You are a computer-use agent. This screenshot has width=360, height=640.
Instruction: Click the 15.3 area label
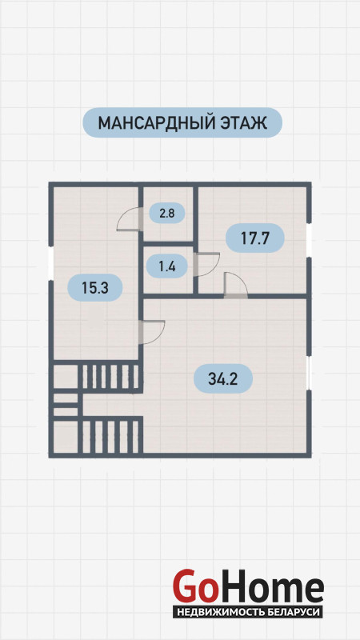pyautogui.click(x=94, y=288)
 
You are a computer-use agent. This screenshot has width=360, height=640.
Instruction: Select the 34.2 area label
pyautogui.click(x=223, y=378)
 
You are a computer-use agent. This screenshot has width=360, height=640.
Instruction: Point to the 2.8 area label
pyautogui.click(x=167, y=214)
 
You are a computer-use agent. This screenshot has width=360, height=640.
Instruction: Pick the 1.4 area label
pyautogui.click(x=167, y=267)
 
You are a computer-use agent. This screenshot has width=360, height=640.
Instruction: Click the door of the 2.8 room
pyautogui.click(x=130, y=219)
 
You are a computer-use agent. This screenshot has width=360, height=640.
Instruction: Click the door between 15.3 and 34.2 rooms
pyautogui.click(x=152, y=332)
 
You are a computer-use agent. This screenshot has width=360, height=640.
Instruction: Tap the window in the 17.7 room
pyautogui.click(x=309, y=240)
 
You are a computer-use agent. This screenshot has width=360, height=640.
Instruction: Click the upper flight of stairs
pyautogui.click(x=110, y=377)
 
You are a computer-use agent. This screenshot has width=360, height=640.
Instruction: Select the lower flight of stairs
pyautogui.click(x=110, y=436)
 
